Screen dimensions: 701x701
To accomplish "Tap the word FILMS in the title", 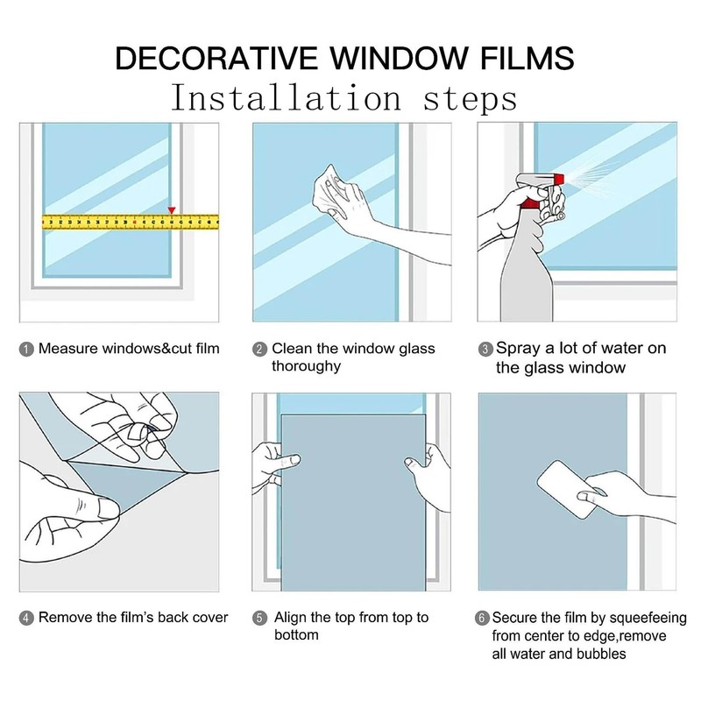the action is pyautogui.click(x=528, y=58).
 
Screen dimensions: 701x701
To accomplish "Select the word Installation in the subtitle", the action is pyautogui.click(x=287, y=98).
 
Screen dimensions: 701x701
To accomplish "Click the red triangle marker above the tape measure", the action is pyautogui.click(x=172, y=210).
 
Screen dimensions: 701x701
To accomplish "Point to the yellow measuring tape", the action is pyautogui.click(x=130, y=222).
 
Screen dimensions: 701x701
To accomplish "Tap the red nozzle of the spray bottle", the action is pyautogui.click(x=559, y=179).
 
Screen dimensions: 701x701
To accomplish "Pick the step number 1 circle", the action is pyautogui.click(x=26, y=349).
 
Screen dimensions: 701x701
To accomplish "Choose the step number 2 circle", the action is pyautogui.click(x=259, y=349).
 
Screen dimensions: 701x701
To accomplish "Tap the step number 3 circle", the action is pyautogui.click(x=485, y=349).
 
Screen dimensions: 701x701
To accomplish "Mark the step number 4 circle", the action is pyautogui.click(x=26, y=619).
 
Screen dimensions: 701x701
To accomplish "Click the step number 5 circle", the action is pyautogui.click(x=259, y=619).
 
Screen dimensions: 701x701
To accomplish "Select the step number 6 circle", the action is pyautogui.click(x=481, y=619).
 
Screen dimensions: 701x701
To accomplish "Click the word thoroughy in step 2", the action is pyautogui.click(x=306, y=366).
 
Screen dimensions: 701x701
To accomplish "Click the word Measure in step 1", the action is pyautogui.click(x=68, y=349).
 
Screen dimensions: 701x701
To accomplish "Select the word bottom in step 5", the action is pyautogui.click(x=296, y=634).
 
